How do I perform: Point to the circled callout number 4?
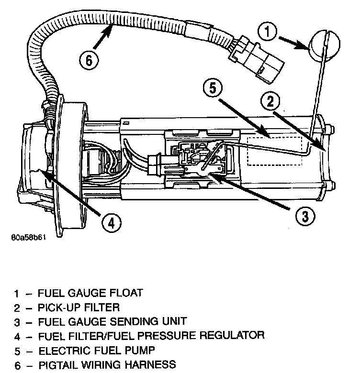click(x=110, y=222)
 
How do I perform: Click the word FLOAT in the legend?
click(x=124, y=292)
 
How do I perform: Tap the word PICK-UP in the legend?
click(x=61, y=307)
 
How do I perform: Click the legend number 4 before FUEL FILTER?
click(x=18, y=336)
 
